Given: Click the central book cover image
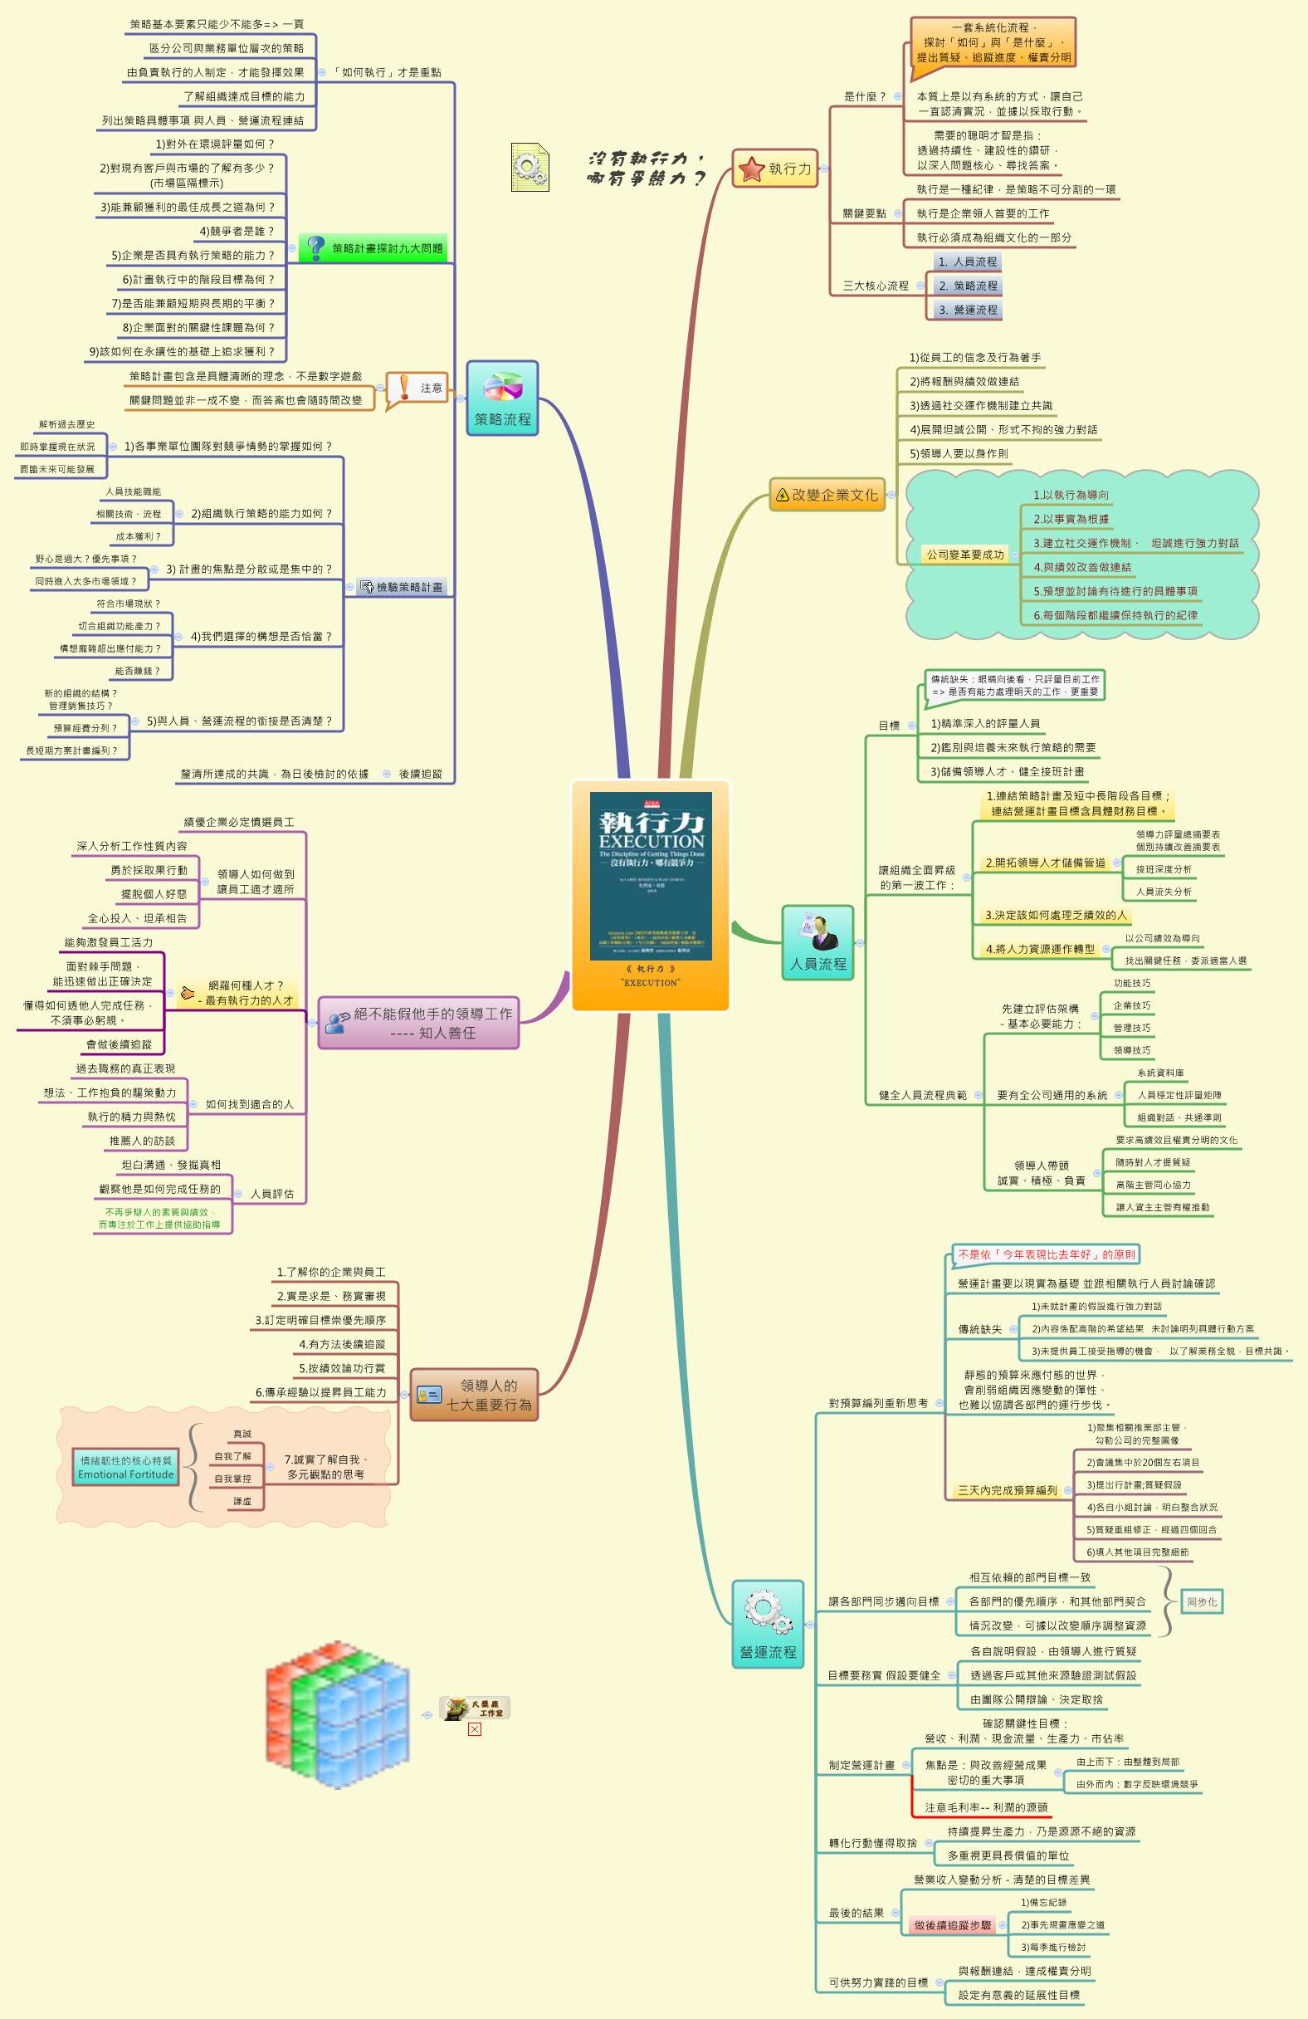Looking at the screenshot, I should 651,876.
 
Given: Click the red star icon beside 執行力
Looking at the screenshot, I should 752,169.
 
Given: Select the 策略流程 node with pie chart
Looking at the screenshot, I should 502,398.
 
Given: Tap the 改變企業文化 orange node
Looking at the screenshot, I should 827,495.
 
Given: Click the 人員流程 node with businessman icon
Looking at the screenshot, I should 817,942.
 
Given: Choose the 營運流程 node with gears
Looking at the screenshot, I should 768,1624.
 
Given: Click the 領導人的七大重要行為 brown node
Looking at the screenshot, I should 474,1395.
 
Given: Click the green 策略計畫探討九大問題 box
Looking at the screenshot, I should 373,248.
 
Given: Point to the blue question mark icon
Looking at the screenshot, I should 315,247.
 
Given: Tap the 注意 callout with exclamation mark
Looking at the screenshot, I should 417,388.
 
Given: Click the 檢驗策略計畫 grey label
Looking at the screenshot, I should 402,587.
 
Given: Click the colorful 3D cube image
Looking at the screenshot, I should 337,1713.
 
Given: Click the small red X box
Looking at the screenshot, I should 474,1729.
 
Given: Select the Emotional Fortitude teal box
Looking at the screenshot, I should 125,1468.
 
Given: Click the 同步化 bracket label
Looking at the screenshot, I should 1201,1601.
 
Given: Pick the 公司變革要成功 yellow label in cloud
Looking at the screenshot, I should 964,555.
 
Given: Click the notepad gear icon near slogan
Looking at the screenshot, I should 530,167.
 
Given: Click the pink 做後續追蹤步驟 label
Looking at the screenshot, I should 953,1925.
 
